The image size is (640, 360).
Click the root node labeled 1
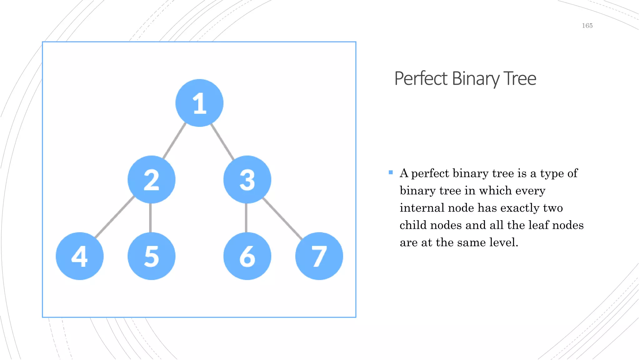[199, 103]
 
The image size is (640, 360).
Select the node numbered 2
[152, 179]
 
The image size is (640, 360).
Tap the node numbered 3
[247, 179]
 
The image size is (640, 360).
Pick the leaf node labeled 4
[80, 256]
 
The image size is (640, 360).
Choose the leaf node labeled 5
[152, 256]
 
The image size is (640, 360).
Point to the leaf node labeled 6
[247, 256]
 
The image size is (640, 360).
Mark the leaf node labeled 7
[319, 256]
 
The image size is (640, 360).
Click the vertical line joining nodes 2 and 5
[151, 218]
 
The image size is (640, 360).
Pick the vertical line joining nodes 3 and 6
[246, 218]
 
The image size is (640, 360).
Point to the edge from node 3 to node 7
[282, 218]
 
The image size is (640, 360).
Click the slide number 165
[587, 26]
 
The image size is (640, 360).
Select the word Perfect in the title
[421, 78]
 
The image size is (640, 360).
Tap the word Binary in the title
[476, 78]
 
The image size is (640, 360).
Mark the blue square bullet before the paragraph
[391, 172]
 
